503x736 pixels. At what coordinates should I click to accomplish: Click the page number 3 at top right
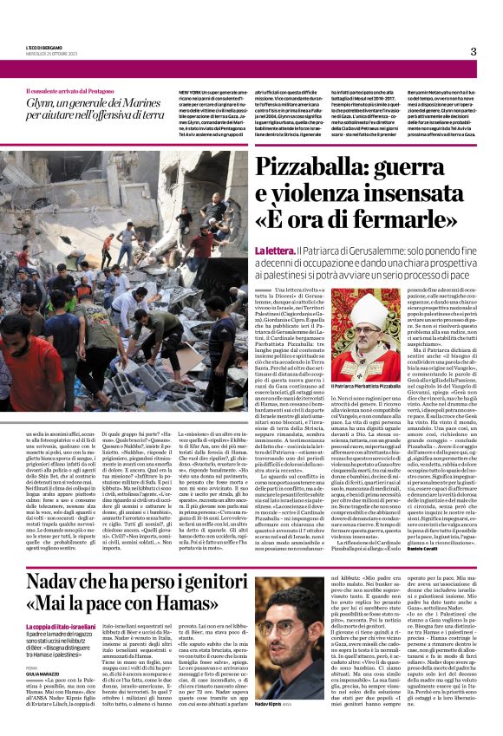coord(474,51)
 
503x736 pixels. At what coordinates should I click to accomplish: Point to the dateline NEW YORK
coord(191,91)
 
